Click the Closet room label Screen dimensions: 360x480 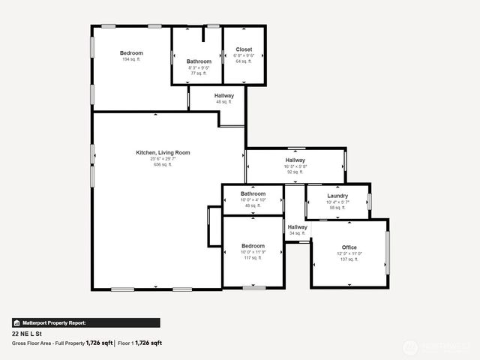(x=244, y=49)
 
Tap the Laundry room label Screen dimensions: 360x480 (x=337, y=196)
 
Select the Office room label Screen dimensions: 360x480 (x=349, y=247)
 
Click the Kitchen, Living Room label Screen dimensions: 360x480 (x=163, y=152)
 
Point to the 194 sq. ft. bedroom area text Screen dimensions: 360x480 (x=131, y=59)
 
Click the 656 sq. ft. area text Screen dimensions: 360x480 (x=163, y=164)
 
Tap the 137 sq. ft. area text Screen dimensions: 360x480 (x=349, y=259)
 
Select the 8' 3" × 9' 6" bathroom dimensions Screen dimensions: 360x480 (x=199, y=67)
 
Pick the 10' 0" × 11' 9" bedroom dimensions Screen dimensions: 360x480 (x=253, y=252)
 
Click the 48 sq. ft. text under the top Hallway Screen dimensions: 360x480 (x=224, y=102)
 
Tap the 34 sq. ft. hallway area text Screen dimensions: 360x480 (x=298, y=233)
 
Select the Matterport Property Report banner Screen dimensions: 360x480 (x=85, y=322)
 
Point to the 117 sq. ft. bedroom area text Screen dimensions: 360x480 (x=253, y=258)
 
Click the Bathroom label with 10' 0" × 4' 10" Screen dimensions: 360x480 (x=253, y=193)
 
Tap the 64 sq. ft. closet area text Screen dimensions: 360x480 (x=244, y=61)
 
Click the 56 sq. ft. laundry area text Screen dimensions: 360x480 (x=337, y=208)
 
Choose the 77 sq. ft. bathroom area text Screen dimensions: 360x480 (x=199, y=73)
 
